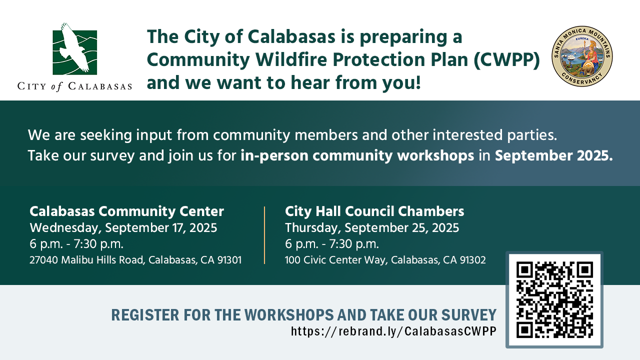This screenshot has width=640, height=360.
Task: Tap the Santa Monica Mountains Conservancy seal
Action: click(582, 56)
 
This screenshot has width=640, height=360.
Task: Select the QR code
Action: click(554, 299)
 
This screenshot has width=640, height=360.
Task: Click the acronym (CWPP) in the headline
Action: click(506, 59)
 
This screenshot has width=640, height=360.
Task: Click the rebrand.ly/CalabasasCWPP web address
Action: click(393, 331)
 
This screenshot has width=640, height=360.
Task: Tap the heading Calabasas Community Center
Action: click(126, 211)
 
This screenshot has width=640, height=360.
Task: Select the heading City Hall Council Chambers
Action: click(374, 211)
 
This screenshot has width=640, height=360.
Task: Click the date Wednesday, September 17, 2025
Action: click(123, 228)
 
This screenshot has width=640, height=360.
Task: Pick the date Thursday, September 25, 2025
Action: click(372, 228)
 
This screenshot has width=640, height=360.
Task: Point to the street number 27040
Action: click(43, 260)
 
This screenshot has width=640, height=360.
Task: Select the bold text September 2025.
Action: click(553, 155)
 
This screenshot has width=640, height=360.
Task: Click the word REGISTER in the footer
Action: click(145, 315)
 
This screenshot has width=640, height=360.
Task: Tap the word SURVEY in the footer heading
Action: click(469, 315)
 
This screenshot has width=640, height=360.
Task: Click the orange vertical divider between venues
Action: click(264, 235)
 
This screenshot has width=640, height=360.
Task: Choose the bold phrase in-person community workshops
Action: click(357, 156)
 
